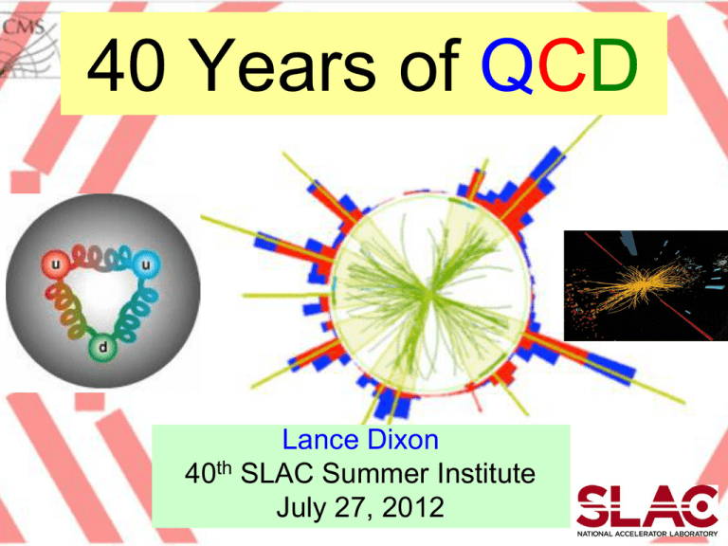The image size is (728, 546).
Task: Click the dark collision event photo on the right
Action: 646,285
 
